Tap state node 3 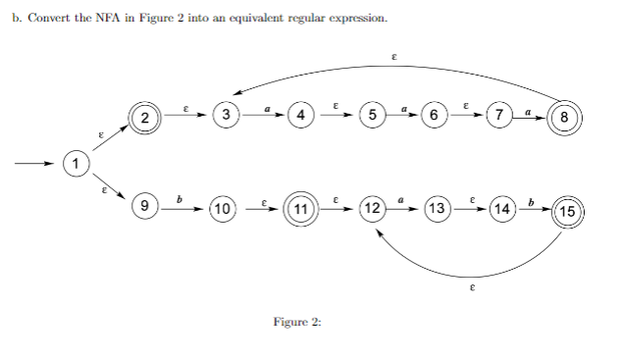(227, 116)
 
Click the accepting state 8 (565, 118)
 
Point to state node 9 (144, 206)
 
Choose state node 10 (222, 208)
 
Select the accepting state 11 (300, 208)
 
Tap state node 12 (372, 208)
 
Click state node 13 (438, 208)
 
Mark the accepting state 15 (567, 211)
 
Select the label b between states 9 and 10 (179, 199)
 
